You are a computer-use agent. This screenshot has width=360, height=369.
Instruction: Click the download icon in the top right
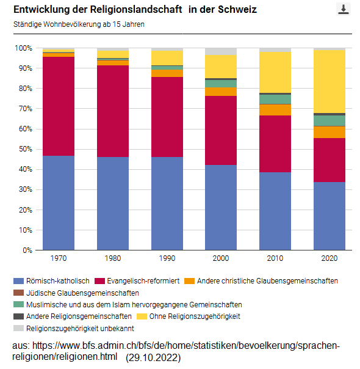pos(344,9)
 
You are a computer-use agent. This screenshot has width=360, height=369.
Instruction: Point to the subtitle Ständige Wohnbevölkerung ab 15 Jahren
pos(79,25)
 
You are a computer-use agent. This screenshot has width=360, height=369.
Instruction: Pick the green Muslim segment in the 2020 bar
pos(329,120)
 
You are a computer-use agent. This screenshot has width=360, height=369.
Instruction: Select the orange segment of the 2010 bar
pos(275,109)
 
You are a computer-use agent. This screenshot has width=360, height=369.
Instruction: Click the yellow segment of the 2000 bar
pos(221,66)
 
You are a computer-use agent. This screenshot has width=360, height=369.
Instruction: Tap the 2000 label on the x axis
pos(221,259)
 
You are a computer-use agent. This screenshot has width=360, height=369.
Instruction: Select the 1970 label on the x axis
pos(59,259)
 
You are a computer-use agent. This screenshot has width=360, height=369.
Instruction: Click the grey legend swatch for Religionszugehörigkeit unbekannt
pos(18,328)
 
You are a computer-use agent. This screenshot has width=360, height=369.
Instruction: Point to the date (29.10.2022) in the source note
pos(153,357)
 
